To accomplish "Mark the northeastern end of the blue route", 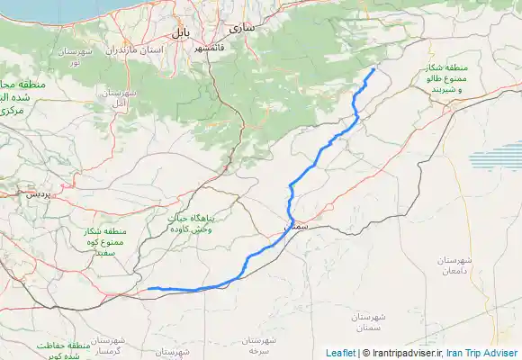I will [373, 69].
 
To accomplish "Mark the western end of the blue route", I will [149, 288].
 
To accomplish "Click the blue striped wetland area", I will [494, 160].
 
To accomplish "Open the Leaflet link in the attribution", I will [340, 353].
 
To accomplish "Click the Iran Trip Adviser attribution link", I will [482, 353].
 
